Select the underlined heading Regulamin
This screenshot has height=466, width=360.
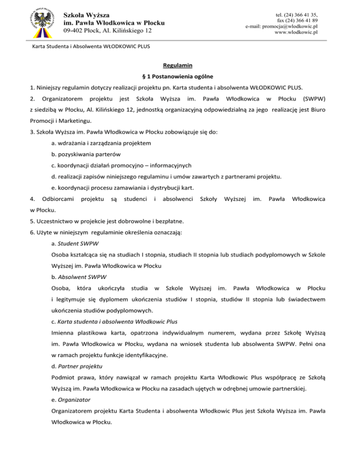180,65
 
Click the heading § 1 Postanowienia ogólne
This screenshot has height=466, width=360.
180,75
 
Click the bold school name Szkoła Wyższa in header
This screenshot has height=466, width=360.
83,15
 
